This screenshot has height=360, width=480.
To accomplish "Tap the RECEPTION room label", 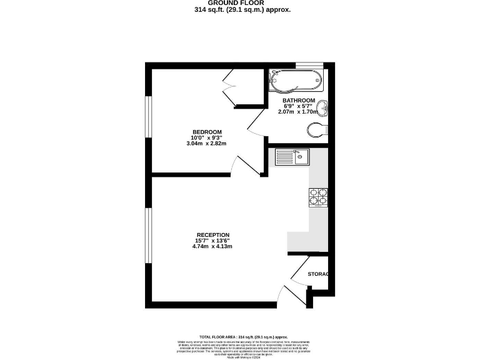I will click(x=212, y=235).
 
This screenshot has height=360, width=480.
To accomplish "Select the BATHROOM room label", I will click(x=298, y=101).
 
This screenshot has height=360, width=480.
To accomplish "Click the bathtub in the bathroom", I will click(x=295, y=80).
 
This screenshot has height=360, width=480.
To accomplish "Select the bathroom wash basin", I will click(x=322, y=109).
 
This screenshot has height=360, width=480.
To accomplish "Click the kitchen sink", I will click(x=292, y=156).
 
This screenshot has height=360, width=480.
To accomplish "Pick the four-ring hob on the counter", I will click(x=318, y=197).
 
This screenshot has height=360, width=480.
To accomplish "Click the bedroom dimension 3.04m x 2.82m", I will click(x=206, y=144).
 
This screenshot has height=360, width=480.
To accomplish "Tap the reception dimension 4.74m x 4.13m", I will click(x=212, y=246).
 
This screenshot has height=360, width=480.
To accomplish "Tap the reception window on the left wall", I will click(x=148, y=235).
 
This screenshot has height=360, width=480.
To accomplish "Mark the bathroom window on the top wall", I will click(x=309, y=64).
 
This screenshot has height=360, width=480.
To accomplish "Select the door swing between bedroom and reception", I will click(x=242, y=164).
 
